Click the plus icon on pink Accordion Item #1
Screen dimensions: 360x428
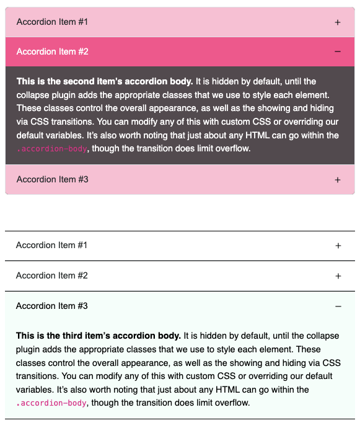[338, 22]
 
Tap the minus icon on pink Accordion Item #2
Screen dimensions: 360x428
[338, 51]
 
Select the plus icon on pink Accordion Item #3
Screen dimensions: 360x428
[338, 180]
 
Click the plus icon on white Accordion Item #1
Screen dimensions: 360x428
[338, 246]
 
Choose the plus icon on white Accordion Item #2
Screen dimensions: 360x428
[338, 276]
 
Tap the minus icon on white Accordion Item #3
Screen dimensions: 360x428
[338, 306]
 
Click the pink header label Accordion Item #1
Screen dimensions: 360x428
[52, 22]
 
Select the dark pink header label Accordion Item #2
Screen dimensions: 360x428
[52, 51]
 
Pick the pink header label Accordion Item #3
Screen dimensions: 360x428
[52, 179]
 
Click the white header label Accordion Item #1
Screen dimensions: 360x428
[51, 245]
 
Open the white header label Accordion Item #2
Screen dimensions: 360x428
[51, 275]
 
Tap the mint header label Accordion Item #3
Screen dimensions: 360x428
[51, 306]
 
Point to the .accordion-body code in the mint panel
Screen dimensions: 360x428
[51, 403]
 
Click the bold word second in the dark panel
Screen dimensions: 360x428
[80, 81]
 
